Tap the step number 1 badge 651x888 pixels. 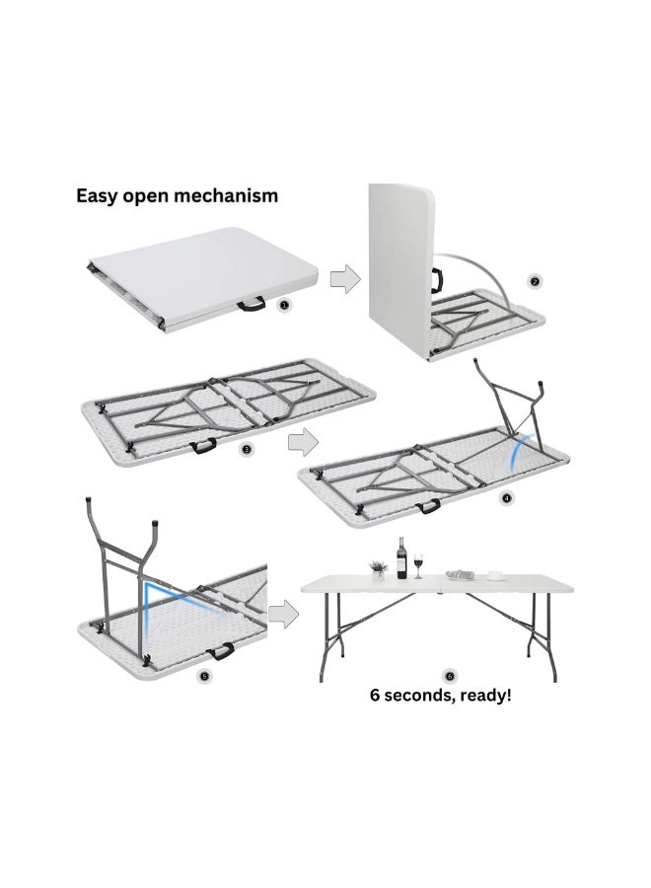tap(284, 305)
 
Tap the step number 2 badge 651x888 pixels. tap(534, 281)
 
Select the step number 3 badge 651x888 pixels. tap(247, 450)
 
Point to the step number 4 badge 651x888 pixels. tap(506, 498)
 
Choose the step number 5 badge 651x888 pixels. tap(204, 676)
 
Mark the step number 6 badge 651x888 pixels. tap(451, 676)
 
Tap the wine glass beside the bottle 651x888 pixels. tap(418, 565)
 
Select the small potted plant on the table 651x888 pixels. tap(378, 570)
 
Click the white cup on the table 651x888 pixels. tap(496, 575)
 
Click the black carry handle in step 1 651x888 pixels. tap(252, 305)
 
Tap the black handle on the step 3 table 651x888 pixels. tap(203, 446)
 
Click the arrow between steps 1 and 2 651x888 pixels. tap(345, 278)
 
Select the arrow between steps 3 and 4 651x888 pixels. tap(304, 442)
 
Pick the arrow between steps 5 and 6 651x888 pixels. tap(283, 614)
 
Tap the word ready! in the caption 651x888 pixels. tap(486, 696)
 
